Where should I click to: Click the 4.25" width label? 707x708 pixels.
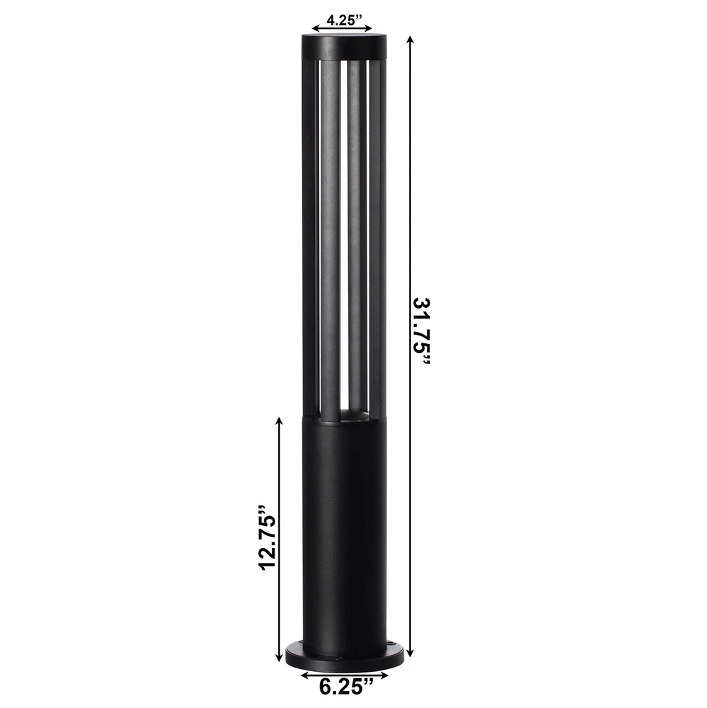coord(344,20)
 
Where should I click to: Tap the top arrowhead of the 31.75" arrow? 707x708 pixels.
coord(410,40)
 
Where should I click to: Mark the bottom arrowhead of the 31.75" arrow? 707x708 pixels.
coord(410,653)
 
